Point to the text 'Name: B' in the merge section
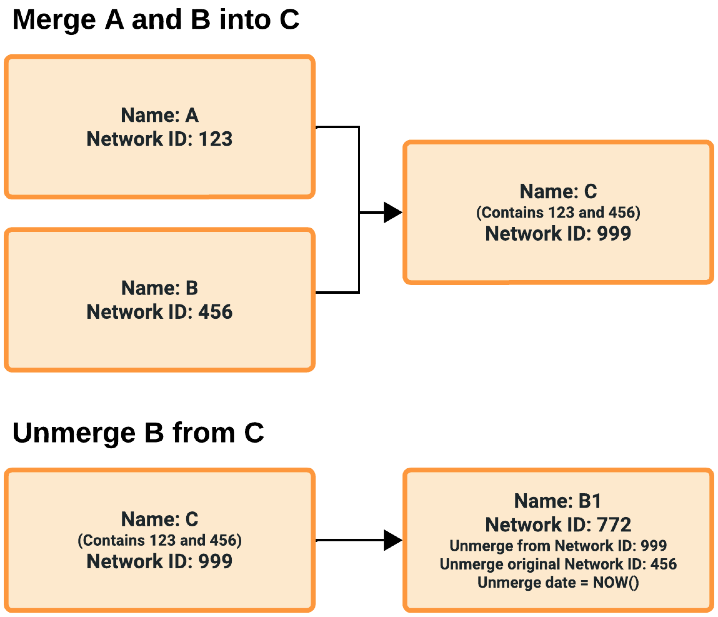coord(160,288)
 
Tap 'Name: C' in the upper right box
coord(558,191)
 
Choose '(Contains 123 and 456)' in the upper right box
coord(558,213)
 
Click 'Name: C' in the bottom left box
coord(160,519)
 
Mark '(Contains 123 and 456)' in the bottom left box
coord(160,540)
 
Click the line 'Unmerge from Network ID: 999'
coord(558,546)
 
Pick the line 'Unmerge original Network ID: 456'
coord(558,564)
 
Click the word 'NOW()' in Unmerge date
coord(616,582)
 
